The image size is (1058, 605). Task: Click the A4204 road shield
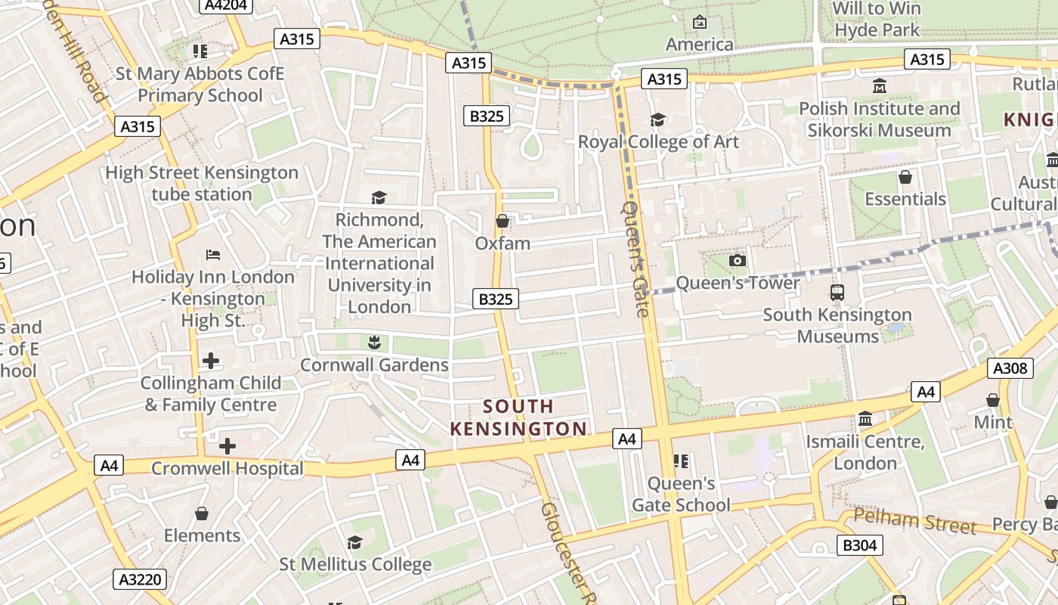point(226,5)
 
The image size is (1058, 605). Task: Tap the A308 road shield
point(1010,368)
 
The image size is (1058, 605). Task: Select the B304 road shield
point(859,544)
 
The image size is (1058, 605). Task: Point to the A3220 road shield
point(139,580)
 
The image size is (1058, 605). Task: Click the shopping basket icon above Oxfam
point(502,221)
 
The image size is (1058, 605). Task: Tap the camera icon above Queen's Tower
point(737,261)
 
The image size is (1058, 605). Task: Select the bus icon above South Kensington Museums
point(837,292)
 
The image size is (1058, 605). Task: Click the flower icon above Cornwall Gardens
point(373,343)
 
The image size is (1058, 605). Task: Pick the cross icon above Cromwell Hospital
point(227,446)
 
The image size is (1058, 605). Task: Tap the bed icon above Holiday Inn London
point(212,255)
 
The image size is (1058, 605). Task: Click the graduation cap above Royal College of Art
point(657,119)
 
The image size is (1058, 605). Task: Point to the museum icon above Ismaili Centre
point(865,418)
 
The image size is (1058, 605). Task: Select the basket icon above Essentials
point(905,177)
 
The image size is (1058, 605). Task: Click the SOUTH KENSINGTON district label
point(518,417)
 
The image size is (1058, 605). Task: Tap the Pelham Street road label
point(914,520)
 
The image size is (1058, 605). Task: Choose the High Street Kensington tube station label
point(202,183)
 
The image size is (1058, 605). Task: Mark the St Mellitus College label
point(355,564)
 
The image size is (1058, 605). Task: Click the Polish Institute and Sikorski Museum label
point(879,119)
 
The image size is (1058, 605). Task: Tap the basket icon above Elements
point(202,513)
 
